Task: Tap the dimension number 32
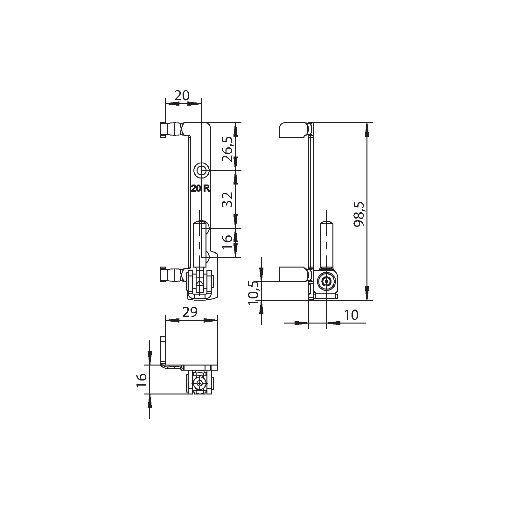pyautogui.click(x=228, y=199)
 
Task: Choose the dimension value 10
pyautogui.click(x=351, y=315)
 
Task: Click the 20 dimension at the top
pyautogui.click(x=182, y=95)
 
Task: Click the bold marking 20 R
pyautogui.click(x=200, y=188)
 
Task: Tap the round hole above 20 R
pyautogui.click(x=201, y=171)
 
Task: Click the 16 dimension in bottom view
pyautogui.click(x=142, y=380)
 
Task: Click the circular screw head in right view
pyautogui.click(x=326, y=282)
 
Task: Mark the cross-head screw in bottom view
pyautogui.click(x=199, y=383)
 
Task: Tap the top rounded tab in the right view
pyautogui.click(x=293, y=130)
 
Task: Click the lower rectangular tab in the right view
pyautogui.click(x=293, y=274)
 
